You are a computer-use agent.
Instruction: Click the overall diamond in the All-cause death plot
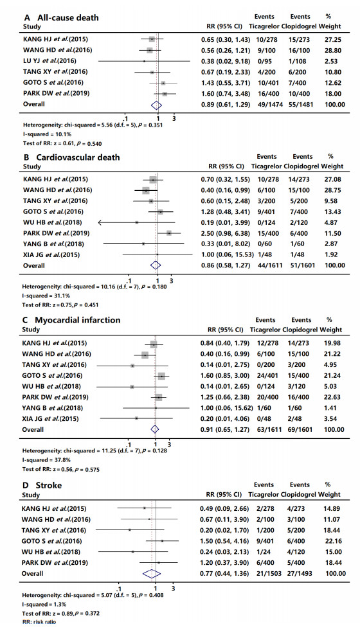(x=156, y=105)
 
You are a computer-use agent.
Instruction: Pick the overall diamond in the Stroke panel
(x=152, y=573)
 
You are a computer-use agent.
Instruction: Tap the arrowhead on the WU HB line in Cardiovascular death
(x=100, y=222)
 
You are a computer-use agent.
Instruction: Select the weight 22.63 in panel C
(x=334, y=398)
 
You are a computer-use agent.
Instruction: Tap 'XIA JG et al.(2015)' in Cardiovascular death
(x=51, y=254)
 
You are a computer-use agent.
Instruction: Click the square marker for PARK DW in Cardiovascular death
(x=169, y=233)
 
